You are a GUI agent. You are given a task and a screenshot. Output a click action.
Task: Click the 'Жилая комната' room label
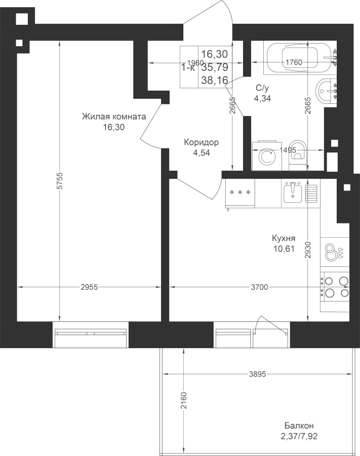pyautogui.click(x=114, y=117)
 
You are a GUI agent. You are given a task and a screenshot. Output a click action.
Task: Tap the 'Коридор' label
pyautogui.click(x=202, y=142)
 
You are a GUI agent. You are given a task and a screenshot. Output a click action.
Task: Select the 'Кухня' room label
pyautogui.click(x=284, y=238)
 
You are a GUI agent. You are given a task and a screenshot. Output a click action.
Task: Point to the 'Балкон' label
pyautogui.click(x=299, y=426)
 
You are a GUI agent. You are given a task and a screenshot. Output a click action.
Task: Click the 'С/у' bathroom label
pyautogui.click(x=262, y=88)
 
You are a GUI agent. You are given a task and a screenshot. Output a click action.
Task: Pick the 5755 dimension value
pyautogui.click(x=60, y=181)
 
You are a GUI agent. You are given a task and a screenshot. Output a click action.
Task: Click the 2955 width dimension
pyautogui.click(x=89, y=287)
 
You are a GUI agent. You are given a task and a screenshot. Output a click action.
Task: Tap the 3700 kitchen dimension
pyautogui.click(x=259, y=287)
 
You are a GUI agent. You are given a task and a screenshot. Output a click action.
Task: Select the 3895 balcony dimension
pyautogui.click(x=257, y=374)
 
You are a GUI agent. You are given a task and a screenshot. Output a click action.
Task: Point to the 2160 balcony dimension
pyautogui.click(x=184, y=400)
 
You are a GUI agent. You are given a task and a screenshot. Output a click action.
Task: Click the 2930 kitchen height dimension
pyautogui.click(x=308, y=250)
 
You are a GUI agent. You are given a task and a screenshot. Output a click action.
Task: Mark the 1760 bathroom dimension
pyautogui.click(x=294, y=62)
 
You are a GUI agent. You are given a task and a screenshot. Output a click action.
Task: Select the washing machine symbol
pyautogui.click(x=267, y=156)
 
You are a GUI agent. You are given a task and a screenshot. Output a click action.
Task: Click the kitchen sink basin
pyautogui.click(x=293, y=192)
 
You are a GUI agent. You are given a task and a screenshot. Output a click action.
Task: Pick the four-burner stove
pyautogui.click(x=335, y=287)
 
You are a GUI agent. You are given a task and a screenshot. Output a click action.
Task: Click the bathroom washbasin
pyautogui.click(x=326, y=91)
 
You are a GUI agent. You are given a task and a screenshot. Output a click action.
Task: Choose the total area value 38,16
pyautogui.click(x=215, y=80)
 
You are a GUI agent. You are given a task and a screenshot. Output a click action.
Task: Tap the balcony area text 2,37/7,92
pyautogui.click(x=299, y=436)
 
